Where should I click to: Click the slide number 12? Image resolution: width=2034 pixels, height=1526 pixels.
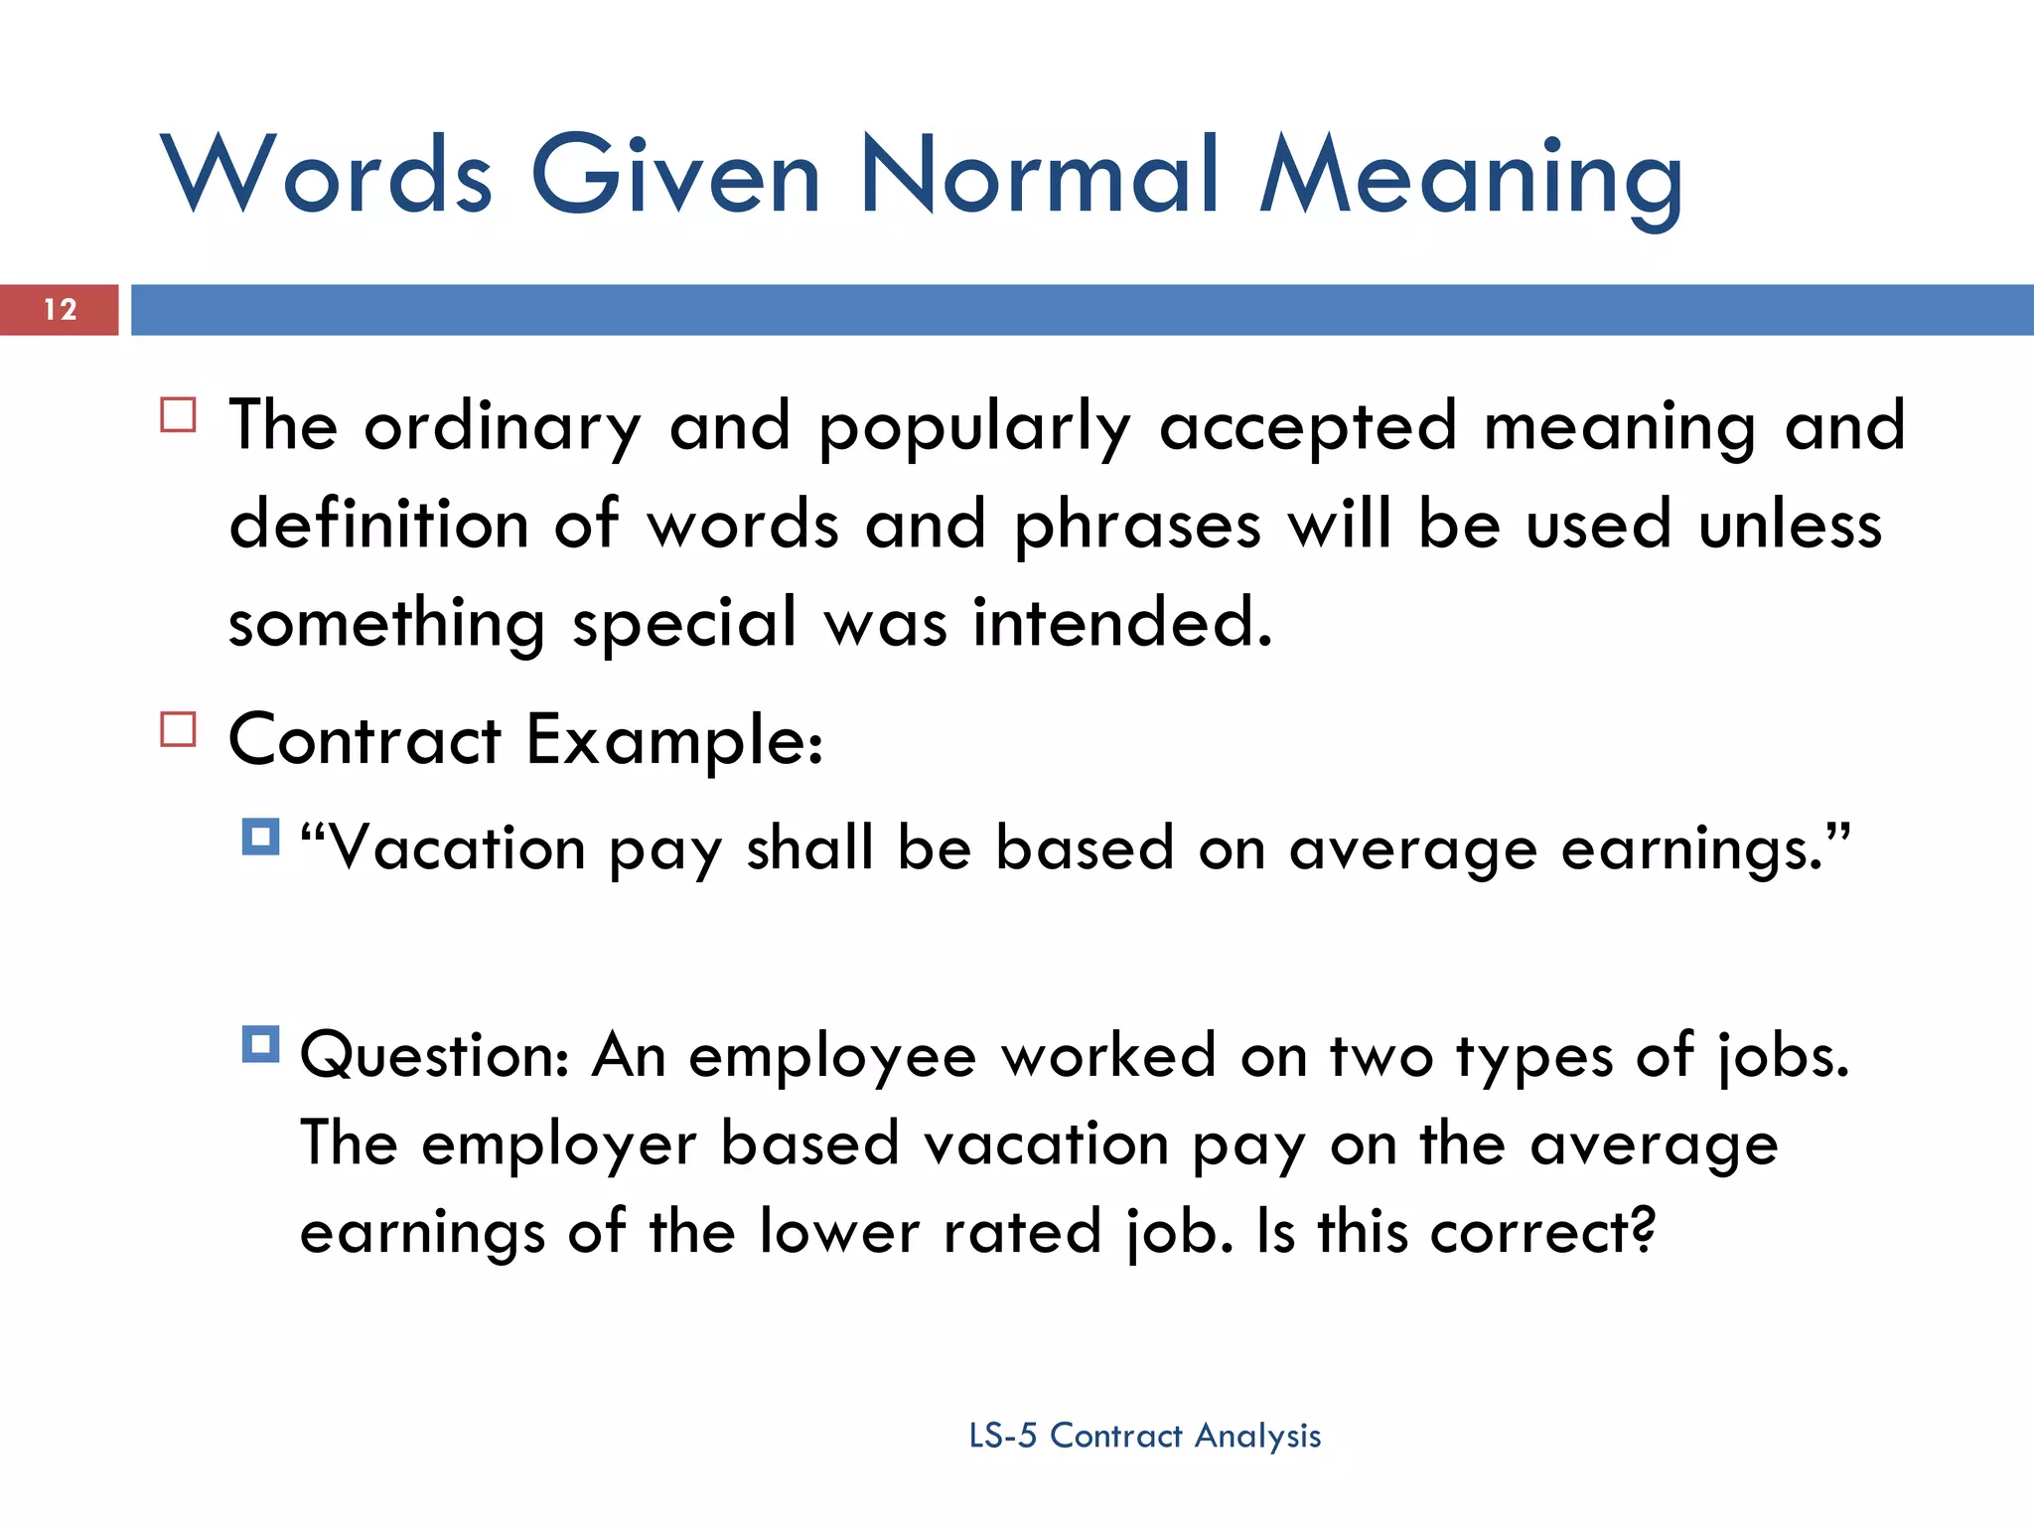(61, 310)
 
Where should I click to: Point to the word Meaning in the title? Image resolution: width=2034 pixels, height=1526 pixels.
(1471, 179)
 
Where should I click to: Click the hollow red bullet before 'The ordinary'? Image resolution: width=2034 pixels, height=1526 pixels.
(179, 414)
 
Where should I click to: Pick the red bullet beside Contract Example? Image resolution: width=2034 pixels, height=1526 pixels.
(179, 729)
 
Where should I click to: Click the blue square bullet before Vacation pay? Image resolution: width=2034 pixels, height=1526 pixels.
(260, 837)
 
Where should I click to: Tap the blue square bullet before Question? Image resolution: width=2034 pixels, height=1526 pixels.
(260, 1044)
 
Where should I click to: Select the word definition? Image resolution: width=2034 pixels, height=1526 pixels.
(378, 525)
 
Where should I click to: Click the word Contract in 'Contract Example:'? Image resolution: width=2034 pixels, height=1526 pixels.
(364, 740)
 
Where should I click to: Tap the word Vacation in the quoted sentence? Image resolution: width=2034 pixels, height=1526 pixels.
(456, 849)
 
